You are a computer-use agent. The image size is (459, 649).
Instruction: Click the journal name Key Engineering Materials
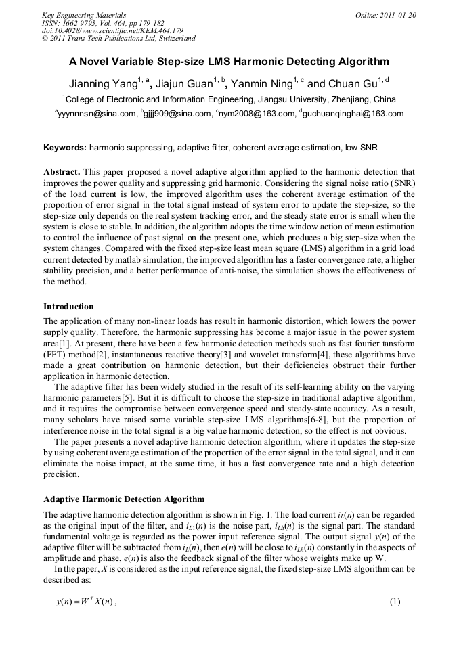(x=84, y=14)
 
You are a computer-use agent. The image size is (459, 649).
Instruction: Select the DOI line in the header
(x=112, y=30)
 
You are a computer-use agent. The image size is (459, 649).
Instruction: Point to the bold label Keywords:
(x=65, y=147)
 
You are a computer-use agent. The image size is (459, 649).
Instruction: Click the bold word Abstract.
(x=62, y=172)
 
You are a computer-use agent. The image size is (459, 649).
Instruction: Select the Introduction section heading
(x=68, y=307)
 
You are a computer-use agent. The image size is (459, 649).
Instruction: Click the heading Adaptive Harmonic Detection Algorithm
(x=124, y=499)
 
